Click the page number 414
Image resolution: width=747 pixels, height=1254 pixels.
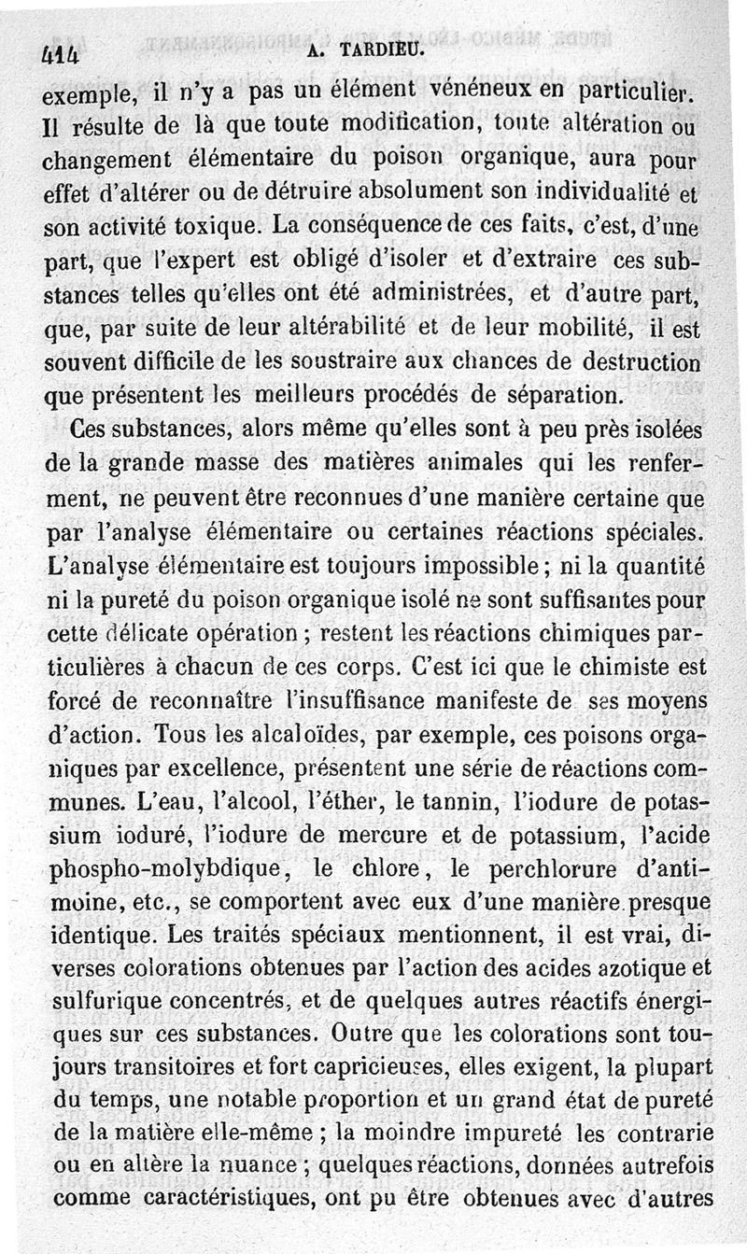tap(60, 53)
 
